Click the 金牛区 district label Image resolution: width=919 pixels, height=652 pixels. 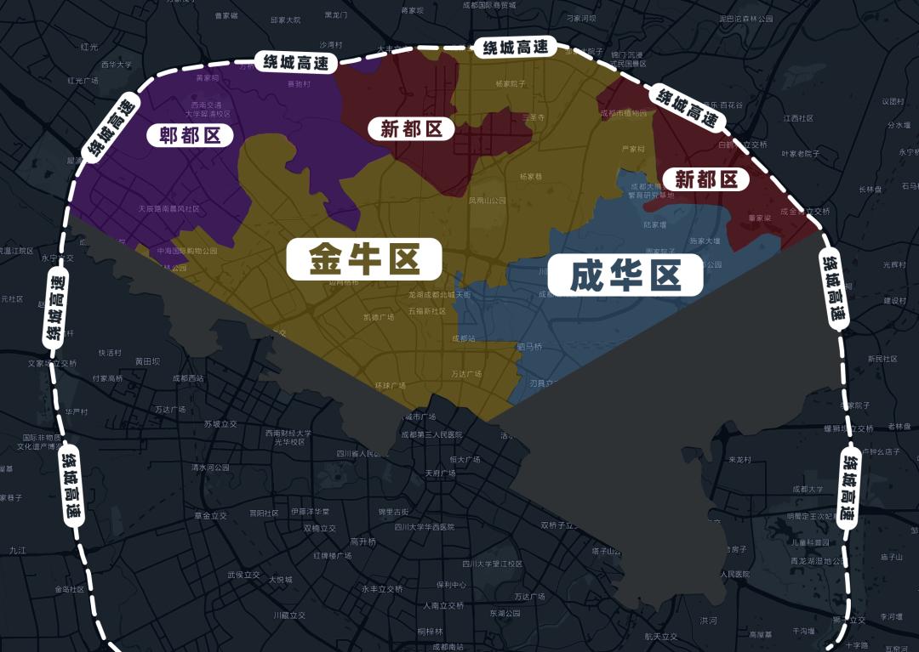point(363,258)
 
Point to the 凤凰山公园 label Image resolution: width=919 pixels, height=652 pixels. point(487,201)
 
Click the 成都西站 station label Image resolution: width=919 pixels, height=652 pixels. point(188,378)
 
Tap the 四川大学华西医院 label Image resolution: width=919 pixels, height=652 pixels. point(424,527)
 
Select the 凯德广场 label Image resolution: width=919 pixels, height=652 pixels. point(379,317)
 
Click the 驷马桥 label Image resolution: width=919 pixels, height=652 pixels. point(529,346)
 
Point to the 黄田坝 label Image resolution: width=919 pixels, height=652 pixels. point(147,361)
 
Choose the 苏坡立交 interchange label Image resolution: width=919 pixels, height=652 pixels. point(220,423)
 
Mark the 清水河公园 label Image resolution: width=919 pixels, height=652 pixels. point(210,467)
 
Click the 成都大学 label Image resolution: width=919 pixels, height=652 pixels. point(808,489)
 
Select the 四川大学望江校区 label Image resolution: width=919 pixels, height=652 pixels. point(492,564)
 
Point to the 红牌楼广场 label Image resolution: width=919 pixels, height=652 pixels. point(332,556)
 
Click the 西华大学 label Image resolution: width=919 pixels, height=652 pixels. point(117,65)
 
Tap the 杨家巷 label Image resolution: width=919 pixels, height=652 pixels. point(530,177)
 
